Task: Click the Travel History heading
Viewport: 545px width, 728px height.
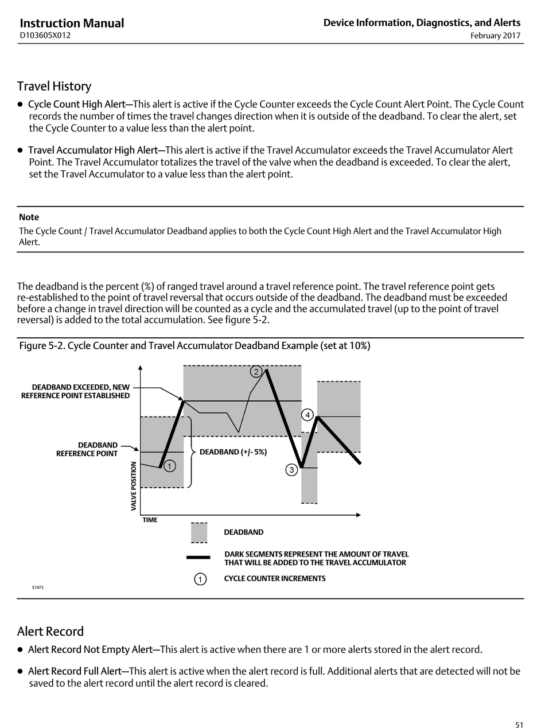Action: coord(54,86)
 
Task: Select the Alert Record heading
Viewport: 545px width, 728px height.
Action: coord(50,631)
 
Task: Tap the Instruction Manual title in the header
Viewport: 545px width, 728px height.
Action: coord(72,23)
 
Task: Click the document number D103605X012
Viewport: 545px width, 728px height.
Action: coord(45,36)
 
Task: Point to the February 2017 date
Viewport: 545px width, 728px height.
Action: coord(495,36)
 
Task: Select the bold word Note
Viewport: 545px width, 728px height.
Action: coord(29,217)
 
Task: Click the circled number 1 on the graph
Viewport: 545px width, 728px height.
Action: coord(170,466)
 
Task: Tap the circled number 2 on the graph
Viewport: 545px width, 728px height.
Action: coord(256,372)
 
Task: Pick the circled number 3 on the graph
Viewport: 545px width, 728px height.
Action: coord(291,470)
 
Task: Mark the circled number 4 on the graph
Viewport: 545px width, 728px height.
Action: coord(307,415)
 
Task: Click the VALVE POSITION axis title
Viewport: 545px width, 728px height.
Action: coord(134,486)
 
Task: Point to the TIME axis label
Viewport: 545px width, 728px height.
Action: coord(150,520)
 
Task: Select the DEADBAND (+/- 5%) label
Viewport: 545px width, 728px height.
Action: coord(233,452)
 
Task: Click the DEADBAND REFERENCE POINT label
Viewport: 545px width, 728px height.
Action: coord(87,449)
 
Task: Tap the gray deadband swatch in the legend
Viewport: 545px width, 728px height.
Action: coord(199,533)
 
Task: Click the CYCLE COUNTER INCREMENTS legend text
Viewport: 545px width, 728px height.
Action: coord(274,578)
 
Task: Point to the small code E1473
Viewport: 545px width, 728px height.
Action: coord(38,587)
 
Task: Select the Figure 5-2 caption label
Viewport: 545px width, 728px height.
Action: coord(194,346)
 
